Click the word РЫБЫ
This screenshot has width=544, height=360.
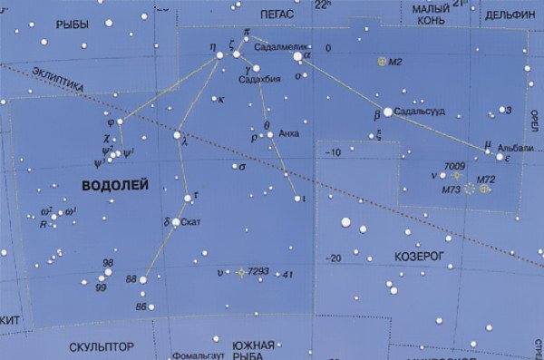click(71, 24)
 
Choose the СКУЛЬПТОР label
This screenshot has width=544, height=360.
click(102, 346)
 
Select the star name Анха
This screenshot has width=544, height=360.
click(289, 133)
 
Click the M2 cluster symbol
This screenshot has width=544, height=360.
click(382, 62)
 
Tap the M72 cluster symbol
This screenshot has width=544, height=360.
click(485, 190)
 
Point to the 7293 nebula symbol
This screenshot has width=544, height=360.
click(240, 272)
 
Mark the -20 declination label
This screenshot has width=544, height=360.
click(334, 258)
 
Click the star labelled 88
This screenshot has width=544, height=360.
click(143, 279)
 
